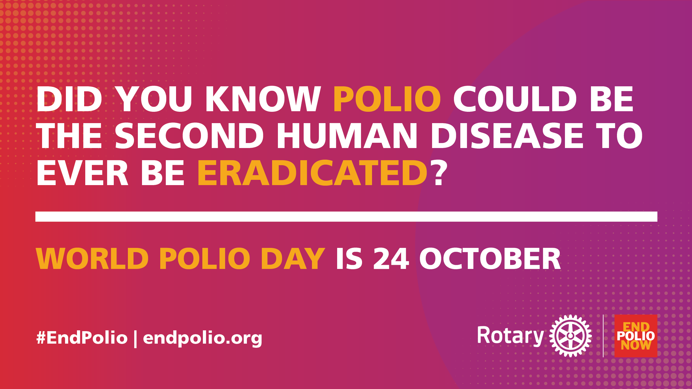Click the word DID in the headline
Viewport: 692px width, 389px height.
69,99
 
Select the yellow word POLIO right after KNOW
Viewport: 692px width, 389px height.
387,99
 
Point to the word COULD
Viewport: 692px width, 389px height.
515,99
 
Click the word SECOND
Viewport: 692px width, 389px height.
189,136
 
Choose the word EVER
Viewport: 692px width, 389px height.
82,173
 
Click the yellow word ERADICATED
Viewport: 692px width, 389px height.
312,173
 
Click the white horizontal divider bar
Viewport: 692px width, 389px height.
346,217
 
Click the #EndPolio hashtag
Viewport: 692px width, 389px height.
82,338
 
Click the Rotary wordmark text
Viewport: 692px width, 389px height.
510,336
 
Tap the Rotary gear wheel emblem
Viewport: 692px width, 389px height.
570,336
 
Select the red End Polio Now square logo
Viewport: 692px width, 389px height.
636,336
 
